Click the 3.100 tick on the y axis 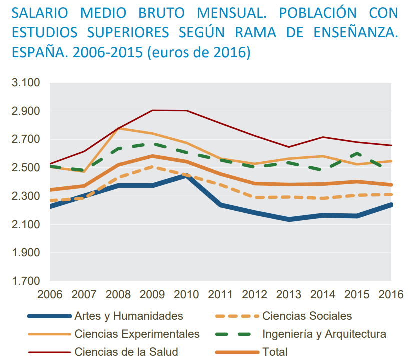point(25,83)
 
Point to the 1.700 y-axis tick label point(25,281)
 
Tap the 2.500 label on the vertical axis point(25,168)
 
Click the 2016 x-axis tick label point(391,294)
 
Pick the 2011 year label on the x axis point(220,294)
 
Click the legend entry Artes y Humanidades point(128,316)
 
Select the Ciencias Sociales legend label point(307,316)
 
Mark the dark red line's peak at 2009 point(152,110)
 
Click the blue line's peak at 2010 point(186,175)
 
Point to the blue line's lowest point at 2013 point(289,220)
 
